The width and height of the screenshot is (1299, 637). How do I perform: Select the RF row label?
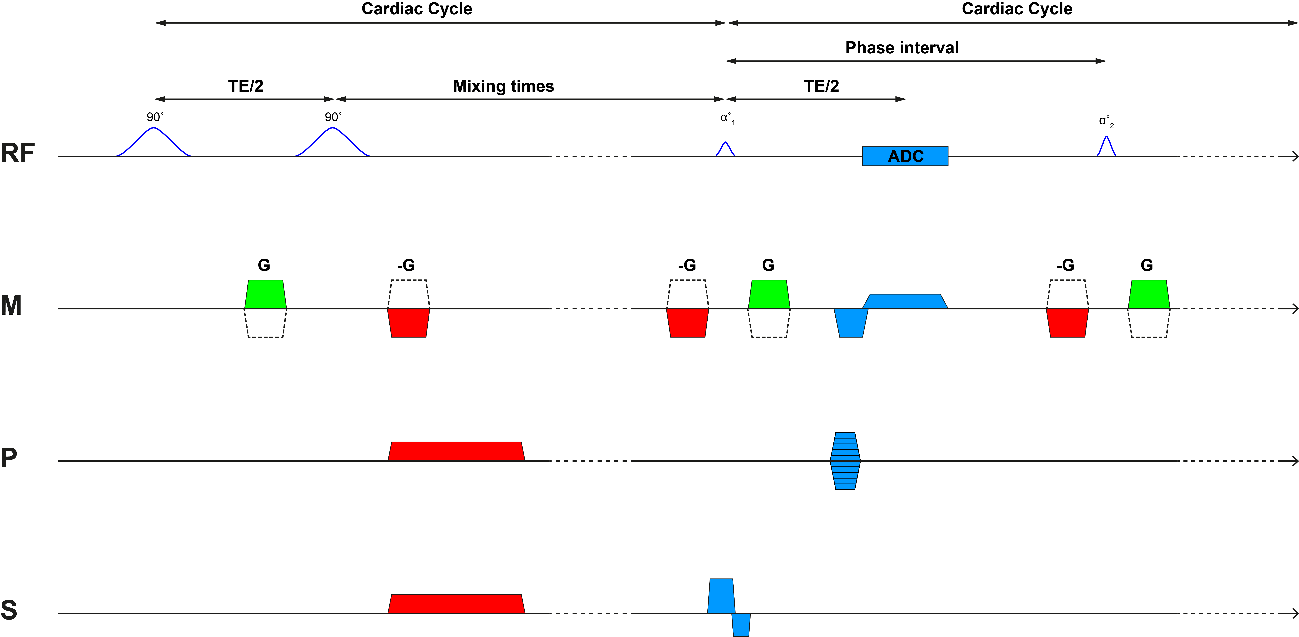(18, 153)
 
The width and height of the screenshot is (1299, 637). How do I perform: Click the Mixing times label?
(503, 86)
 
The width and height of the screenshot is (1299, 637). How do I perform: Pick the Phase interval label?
(902, 48)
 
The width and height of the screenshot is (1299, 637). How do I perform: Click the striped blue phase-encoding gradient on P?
(845, 461)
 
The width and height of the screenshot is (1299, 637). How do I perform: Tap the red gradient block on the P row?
(456, 452)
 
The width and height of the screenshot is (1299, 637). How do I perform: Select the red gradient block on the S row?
(456, 604)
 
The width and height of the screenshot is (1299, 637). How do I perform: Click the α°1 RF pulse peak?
(725, 143)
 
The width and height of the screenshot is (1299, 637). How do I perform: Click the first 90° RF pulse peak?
(154, 129)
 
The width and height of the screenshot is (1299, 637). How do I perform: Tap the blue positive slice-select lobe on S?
(721, 596)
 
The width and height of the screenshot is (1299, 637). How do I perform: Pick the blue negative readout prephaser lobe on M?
(851, 323)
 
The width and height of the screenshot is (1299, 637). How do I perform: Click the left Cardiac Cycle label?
(416, 9)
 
